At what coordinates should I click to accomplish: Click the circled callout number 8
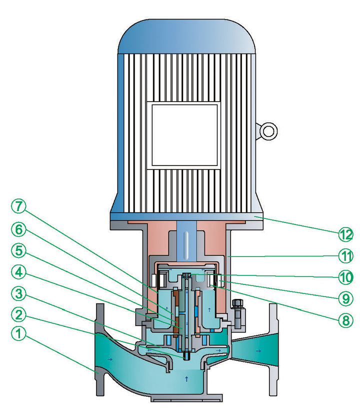coord(344,319)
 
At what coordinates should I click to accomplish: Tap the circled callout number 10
coord(344,276)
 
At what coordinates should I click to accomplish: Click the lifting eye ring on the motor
coord(268,131)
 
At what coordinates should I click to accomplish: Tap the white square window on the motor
coord(185,134)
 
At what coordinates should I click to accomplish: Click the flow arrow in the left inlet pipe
coord(109,359)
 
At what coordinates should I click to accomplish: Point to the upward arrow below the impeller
coord(187,378)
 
